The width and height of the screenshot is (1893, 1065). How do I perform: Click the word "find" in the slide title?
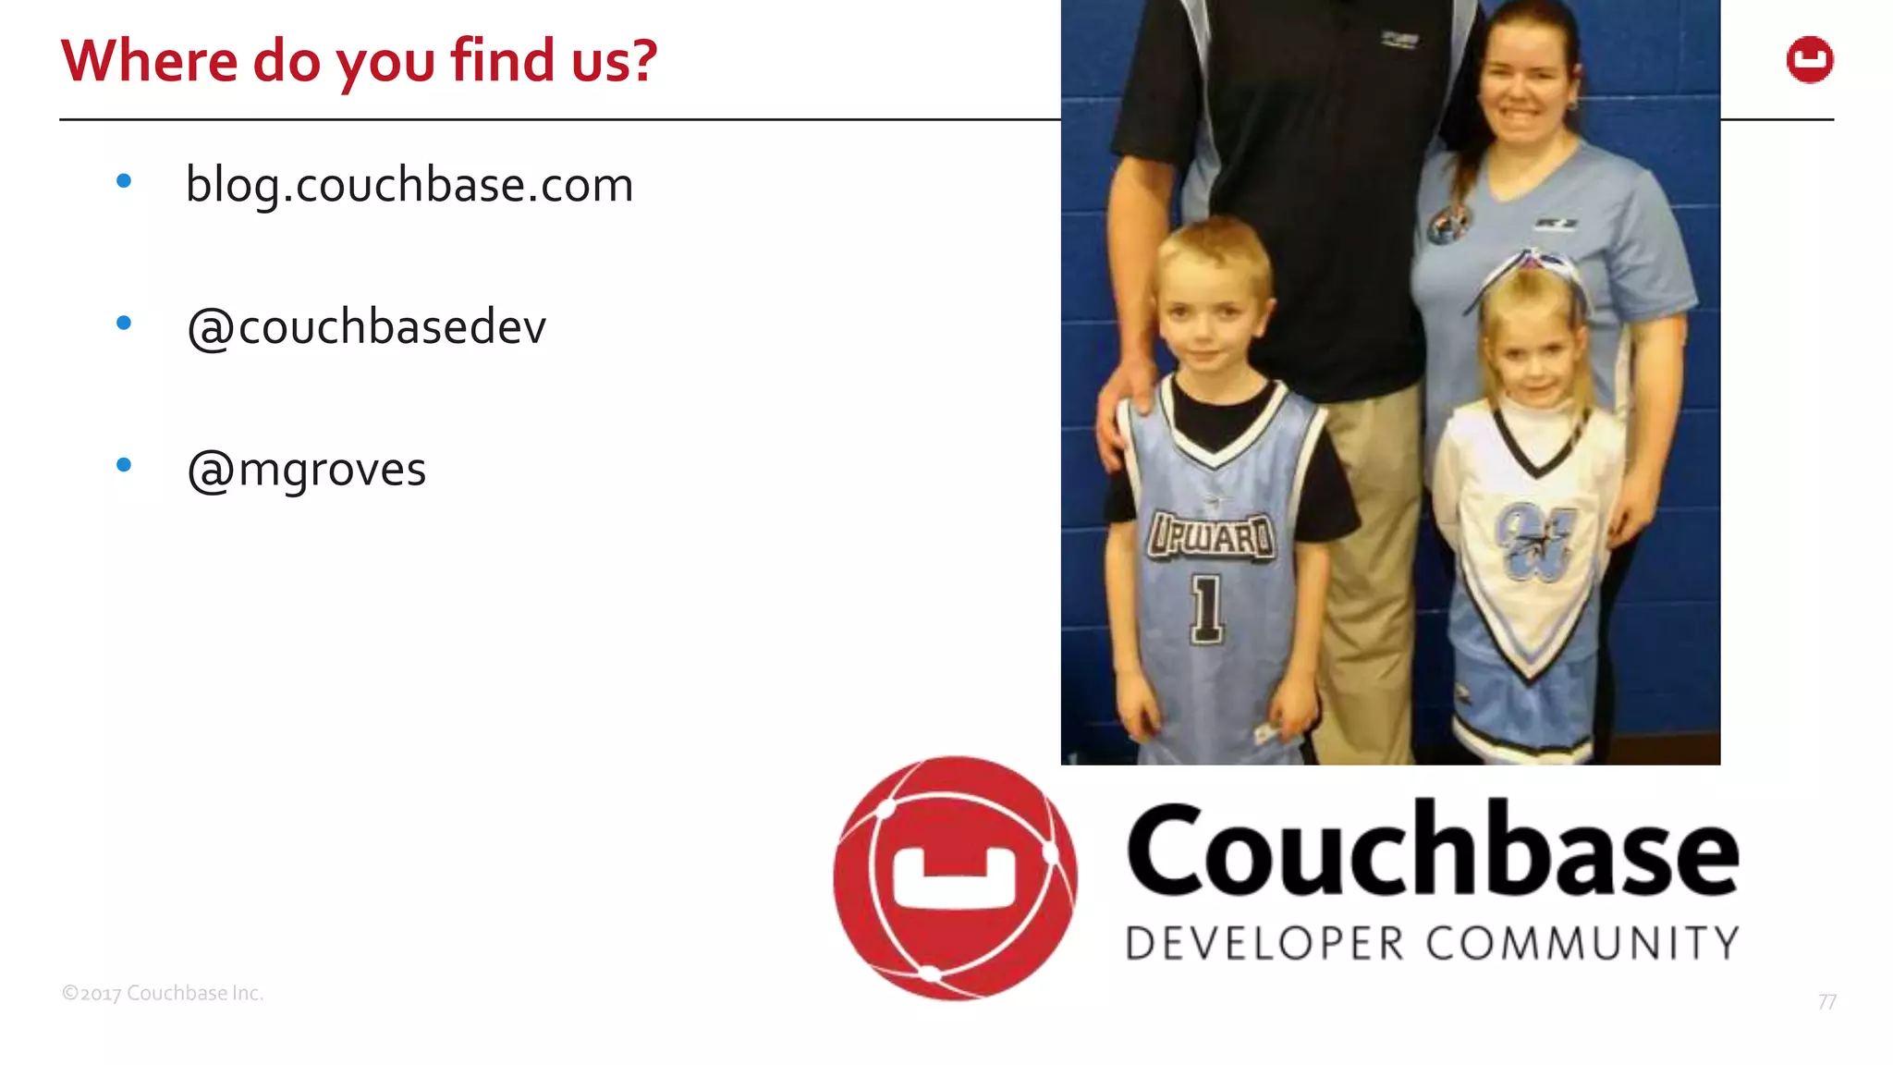tap(504, 61)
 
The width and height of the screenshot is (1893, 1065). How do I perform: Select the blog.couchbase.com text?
tap(409, 185)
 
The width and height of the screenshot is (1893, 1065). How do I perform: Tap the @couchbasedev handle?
tap(366, 327)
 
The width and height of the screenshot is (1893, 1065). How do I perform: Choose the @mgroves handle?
tap(306, 470)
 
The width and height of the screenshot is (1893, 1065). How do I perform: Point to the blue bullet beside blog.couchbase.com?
tap(124, 181)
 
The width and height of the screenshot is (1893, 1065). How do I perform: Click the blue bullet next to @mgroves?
tap(124, 465)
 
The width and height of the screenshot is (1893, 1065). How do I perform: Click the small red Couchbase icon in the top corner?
tap(1809, 60)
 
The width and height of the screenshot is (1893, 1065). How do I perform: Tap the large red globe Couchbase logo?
tap(955, 878)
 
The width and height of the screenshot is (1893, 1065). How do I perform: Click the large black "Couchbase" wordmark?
tap(1432, 851)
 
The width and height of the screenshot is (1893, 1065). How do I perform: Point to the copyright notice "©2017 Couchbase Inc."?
tap(163, 993)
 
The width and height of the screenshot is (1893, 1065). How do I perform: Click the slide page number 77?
tap(1826, 1002)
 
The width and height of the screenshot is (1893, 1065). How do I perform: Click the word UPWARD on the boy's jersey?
tap(1211, 537)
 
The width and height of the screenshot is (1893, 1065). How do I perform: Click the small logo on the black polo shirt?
tap(1399, 39)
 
